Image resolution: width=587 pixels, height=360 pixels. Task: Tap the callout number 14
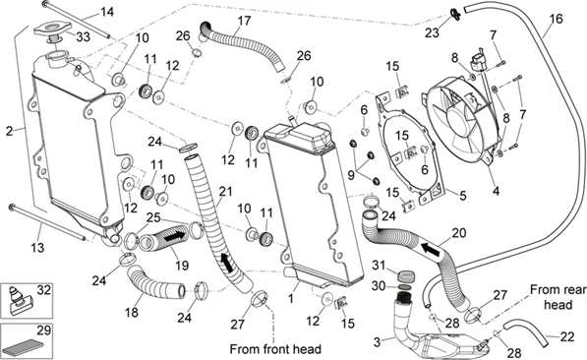click(107, 12)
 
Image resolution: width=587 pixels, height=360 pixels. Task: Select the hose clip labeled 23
click(455, 14)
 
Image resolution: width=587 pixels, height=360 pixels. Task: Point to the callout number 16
click(557, 19)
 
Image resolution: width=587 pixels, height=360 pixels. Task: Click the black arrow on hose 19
click(174, 237)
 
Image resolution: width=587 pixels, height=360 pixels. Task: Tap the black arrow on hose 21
click(227, 263)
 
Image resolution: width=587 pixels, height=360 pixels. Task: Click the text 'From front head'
click(275, 349)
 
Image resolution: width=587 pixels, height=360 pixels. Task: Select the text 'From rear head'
click(558, 297)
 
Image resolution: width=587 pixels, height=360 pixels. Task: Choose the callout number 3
click(378, 341)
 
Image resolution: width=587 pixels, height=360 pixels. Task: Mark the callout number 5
click(463, 196)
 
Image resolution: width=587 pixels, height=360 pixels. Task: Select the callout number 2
click(10, 131)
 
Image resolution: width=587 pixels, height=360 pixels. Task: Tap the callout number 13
click(37, 248)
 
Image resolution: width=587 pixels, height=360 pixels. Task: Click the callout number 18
click(132, 312)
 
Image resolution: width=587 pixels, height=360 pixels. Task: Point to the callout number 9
click(351, 174)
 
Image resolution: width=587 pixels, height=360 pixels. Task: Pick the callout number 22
click(567, 336)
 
